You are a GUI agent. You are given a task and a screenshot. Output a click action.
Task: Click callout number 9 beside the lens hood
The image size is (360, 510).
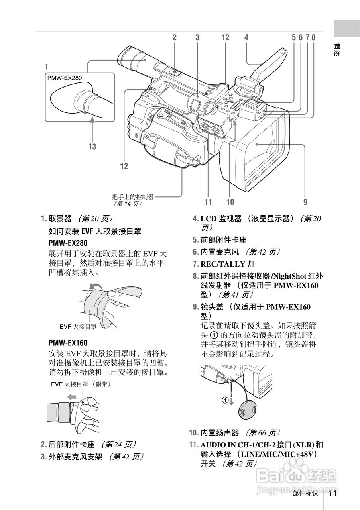[305, 202]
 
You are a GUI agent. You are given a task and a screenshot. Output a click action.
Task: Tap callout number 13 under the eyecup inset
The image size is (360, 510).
[92, 147]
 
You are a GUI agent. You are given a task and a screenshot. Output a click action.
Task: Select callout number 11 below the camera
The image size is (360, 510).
[208, 202]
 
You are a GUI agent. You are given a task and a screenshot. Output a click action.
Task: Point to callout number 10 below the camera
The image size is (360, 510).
[230, 202]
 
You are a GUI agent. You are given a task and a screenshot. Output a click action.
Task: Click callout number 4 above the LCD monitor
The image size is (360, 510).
[246, 37]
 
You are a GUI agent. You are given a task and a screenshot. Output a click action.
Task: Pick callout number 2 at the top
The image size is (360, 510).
[174, 37]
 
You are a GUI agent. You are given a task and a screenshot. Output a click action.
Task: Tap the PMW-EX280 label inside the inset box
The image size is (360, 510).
[64, 78]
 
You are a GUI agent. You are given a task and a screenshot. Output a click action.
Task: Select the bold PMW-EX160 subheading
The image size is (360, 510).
[68, 343]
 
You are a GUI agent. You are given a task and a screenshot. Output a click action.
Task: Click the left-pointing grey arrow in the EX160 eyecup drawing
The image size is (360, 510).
[72, 397]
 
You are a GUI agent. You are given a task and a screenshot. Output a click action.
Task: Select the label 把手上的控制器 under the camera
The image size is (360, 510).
[133, 196]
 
